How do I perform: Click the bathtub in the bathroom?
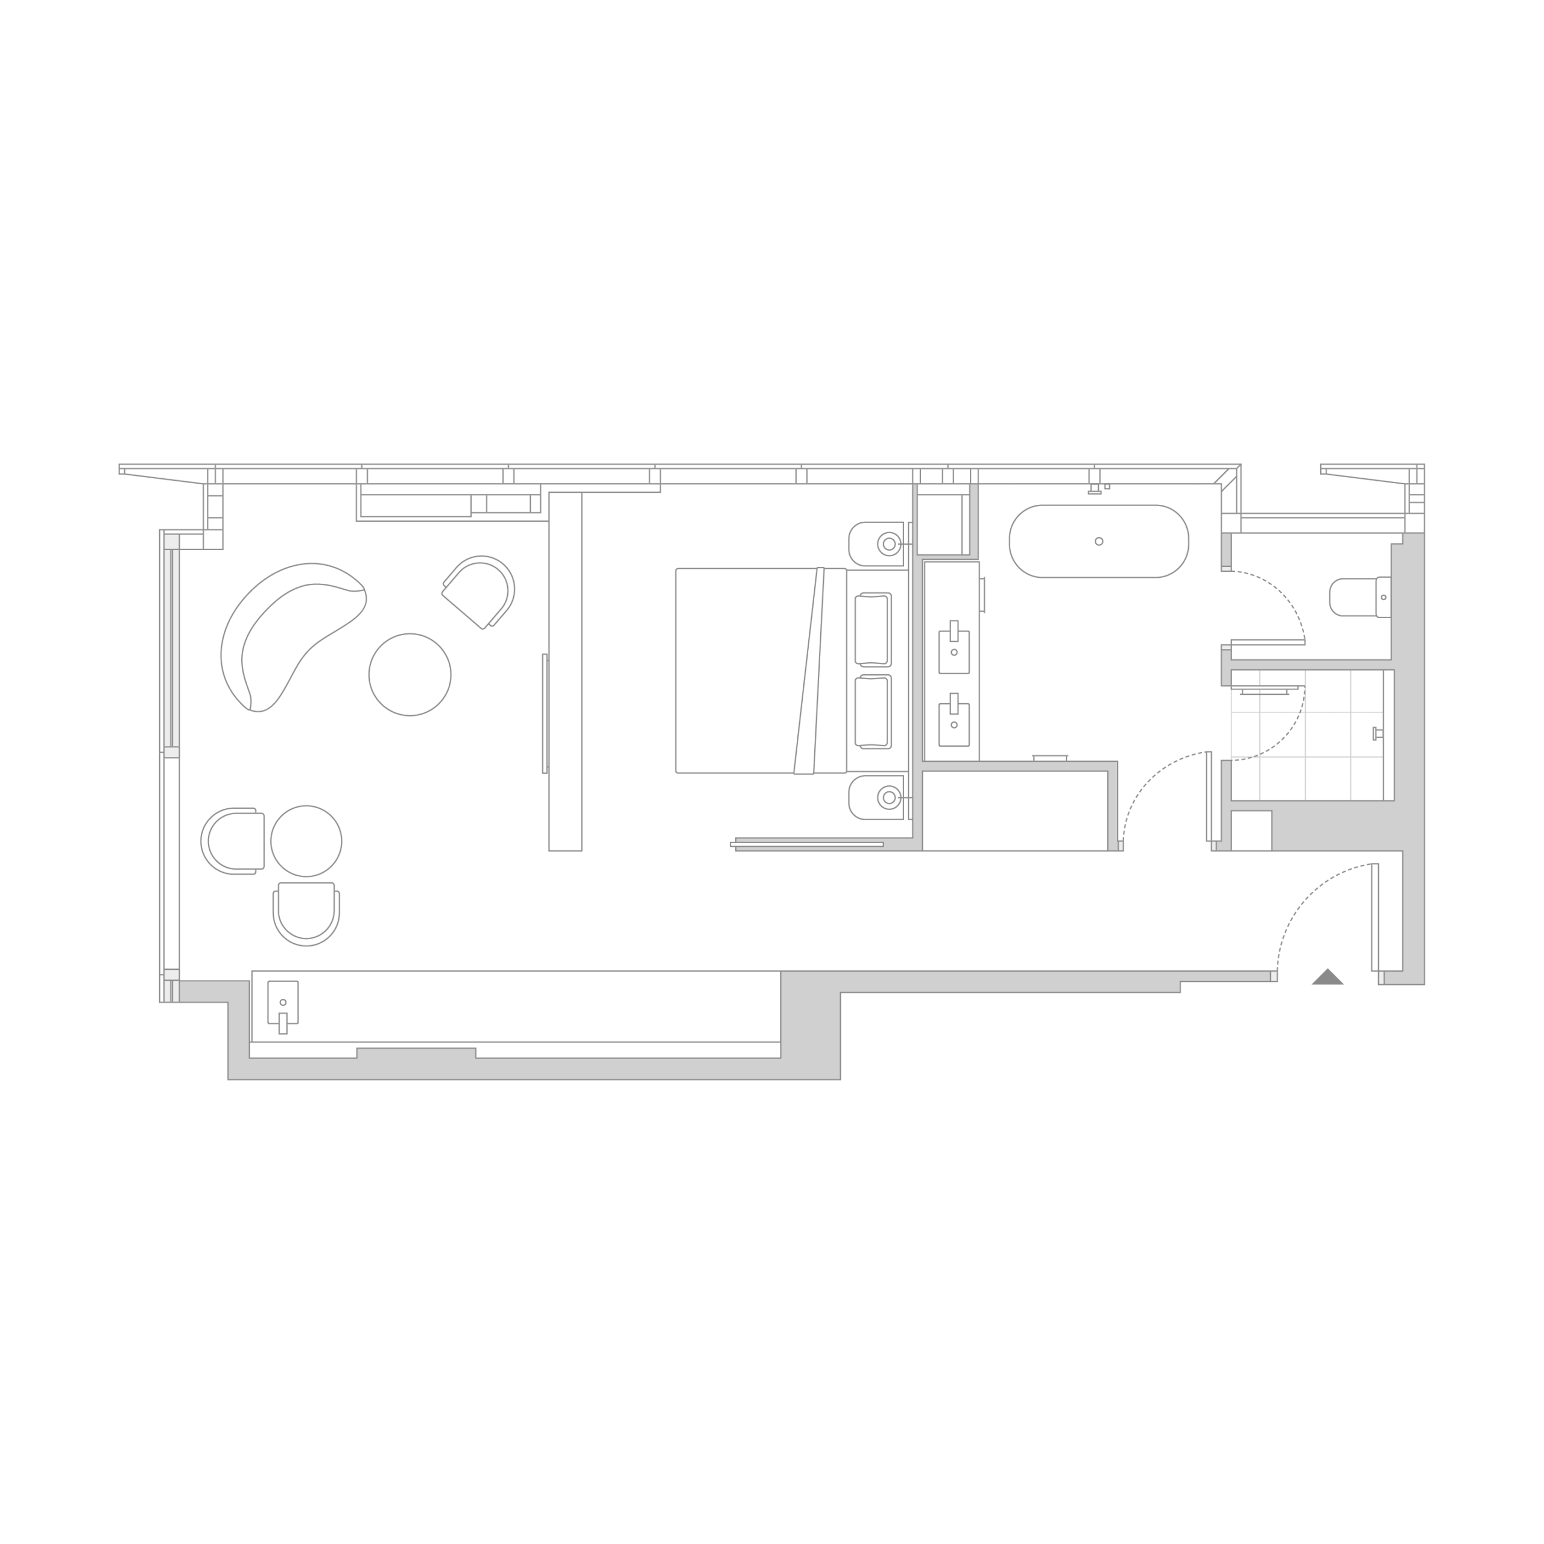[x=1099, y=541]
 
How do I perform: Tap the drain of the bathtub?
[x=1099, y=541]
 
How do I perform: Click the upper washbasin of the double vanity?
[x=954, y=644]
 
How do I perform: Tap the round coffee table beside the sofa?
[x=410, y=674]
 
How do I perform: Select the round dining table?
[x=306, y=841]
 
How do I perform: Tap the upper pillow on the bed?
[x=873, y=630]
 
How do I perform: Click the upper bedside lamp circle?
[x=888, y=543]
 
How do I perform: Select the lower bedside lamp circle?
[x=888, y=797]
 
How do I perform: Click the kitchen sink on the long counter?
[x=283, y=1004]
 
